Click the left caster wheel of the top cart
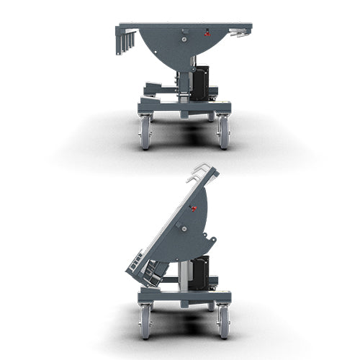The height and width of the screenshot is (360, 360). [x=145, y=134]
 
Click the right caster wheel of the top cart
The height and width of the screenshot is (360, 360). [x=223, y=134]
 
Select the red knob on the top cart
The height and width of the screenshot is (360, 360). [x=207, y=32]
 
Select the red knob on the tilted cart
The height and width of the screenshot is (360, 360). [x=194, y=209]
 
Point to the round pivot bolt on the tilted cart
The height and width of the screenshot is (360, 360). [x=183, y=229]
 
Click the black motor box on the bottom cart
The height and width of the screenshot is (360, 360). [x=199, y=272]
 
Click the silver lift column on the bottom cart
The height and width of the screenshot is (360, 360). [x=184, y=274]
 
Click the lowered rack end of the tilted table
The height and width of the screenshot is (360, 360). [x=143, y=270]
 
